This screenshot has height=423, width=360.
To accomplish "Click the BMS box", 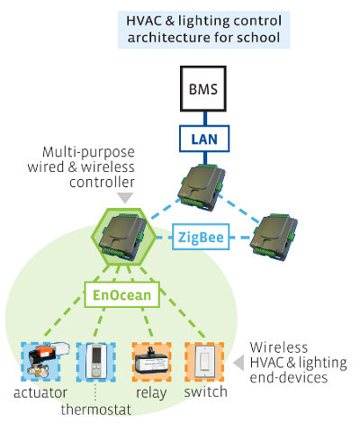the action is click(x=203, y=89).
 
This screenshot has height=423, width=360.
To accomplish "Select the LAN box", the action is click(x=204, y=139).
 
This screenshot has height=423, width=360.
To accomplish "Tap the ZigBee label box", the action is click(x=201, y=237).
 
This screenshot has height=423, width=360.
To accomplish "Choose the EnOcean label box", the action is click(x=121, y=295).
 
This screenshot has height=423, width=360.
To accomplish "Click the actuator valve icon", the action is click(x=45, y=360).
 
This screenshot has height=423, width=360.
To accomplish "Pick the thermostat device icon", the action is click(x=96, y=362).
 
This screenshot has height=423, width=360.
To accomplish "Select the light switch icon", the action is click(x=204, y=362).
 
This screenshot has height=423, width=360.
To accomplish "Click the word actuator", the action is click(x=40, y=392).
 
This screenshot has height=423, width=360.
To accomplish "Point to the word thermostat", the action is click(x=96, y=409).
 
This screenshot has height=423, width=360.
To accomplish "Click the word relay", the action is click(x=151, y=393).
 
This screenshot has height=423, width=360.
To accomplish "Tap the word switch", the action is click(x=205, y=391).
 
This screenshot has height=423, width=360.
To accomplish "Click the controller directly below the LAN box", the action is click(x=201, y=186).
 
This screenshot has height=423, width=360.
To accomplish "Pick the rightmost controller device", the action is click(x=274, y=237).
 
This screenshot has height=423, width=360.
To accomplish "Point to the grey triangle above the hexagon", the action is click(x=125, y=197).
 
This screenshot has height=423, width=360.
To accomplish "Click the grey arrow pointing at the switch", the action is click(x=238, y=363).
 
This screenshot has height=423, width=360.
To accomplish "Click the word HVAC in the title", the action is click(x=146, y=21).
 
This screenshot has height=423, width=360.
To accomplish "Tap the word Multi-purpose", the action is click(x=88, y=152).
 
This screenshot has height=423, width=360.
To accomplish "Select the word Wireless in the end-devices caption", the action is click(x=279, y=347).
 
